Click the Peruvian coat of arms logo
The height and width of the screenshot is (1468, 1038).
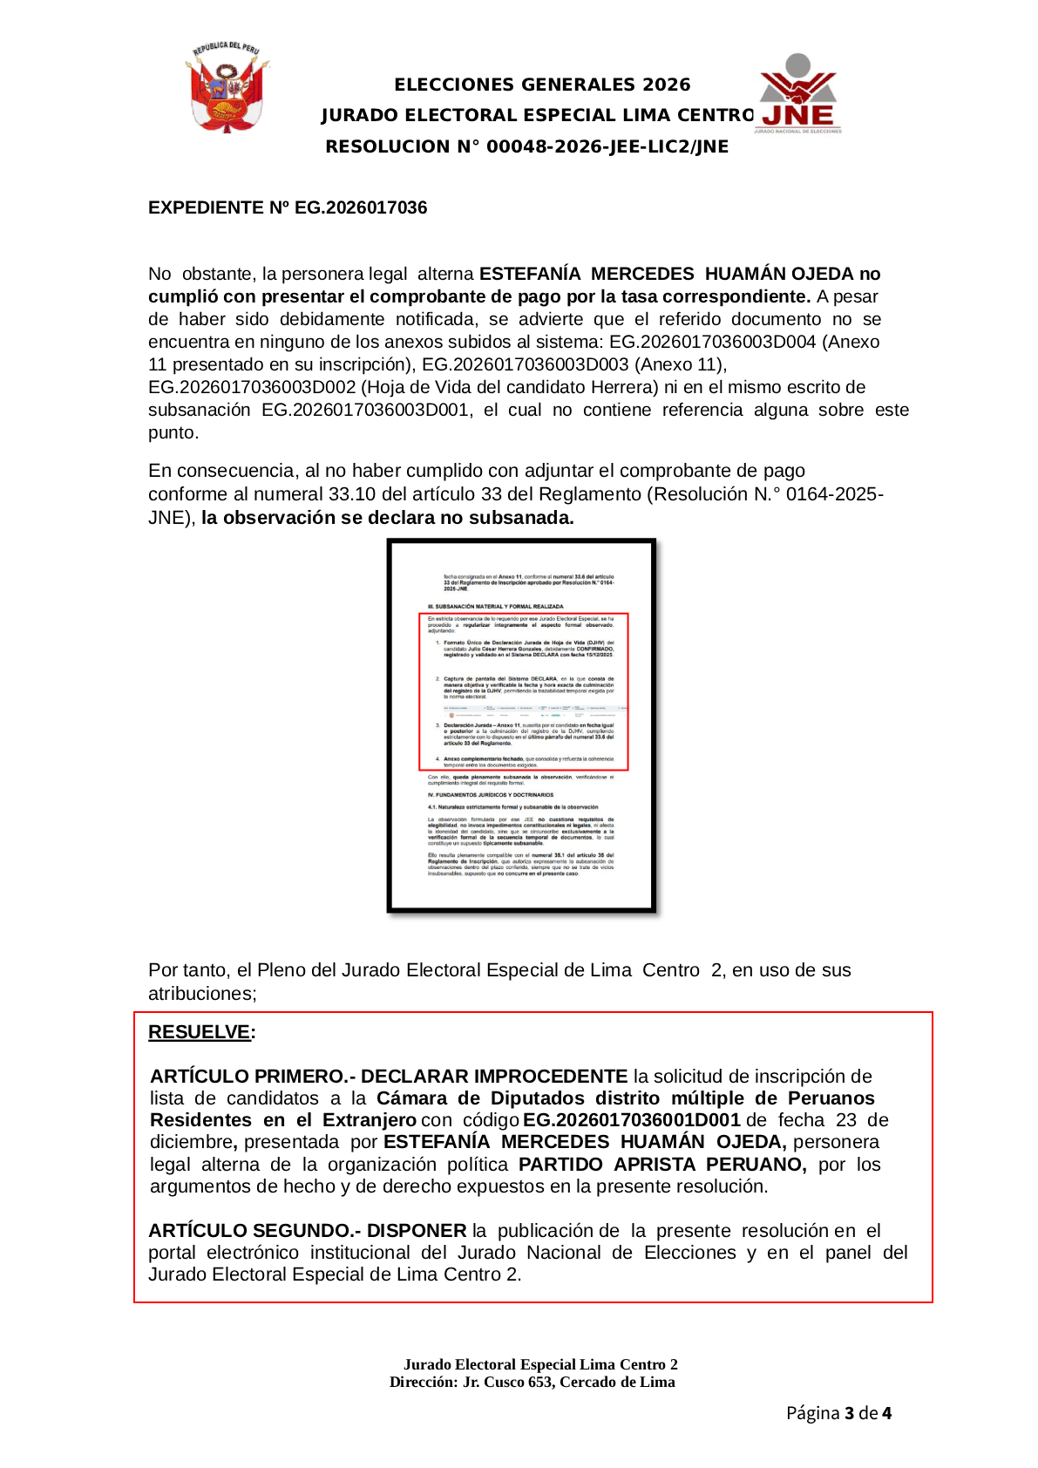tap(227, 87)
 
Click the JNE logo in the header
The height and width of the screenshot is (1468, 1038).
tap(797, 94)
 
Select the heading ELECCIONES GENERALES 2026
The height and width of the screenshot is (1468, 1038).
tap(542, 85)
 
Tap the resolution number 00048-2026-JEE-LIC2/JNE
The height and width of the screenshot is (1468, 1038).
tap(607, 146)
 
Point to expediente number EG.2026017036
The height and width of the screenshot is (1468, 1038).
tap(361, 207)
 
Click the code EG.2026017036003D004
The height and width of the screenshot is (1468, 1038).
tap(712, 342)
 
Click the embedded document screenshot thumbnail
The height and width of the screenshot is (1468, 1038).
tap(521, 725)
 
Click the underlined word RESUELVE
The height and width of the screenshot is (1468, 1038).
tap(199, 1032)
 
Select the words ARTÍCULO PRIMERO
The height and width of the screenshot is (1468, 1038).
tap(248, 1077)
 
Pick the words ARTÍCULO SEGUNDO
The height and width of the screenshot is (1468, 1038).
tap(250, 1231)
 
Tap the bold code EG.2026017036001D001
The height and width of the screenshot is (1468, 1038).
tap(631, 1120)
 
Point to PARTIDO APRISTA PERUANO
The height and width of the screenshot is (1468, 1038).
tap(661, 1165)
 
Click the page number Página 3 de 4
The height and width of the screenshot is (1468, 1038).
tap(838, 1413)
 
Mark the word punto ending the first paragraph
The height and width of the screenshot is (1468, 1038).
tap(173, 432)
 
